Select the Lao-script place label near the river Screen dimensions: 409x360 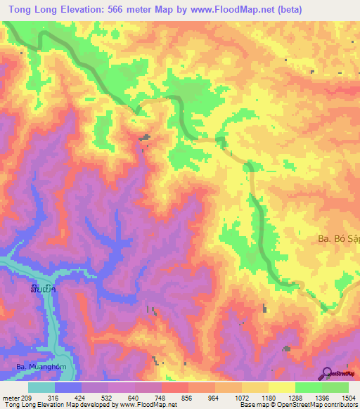click(44, 289)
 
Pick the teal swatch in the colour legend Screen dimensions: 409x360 click(41, 387)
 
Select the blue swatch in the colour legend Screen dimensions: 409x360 click(67, 387)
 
